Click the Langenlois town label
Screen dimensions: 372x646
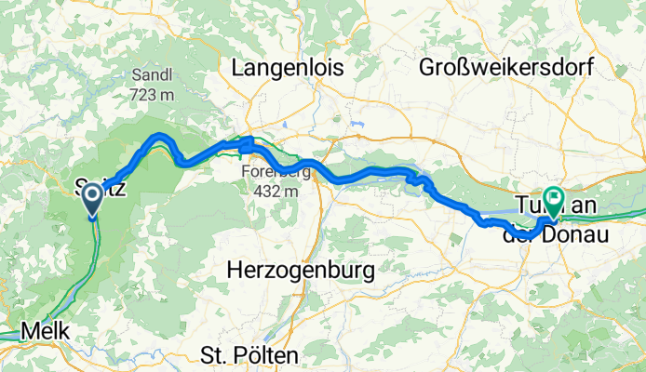pyautogui.click(x=287, y=68)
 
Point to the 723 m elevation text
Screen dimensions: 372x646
pyautogui.click(x=147, y=97)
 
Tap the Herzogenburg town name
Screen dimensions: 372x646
pyautogui.click(x=301, y=271)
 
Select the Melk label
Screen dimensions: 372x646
pyautogui.click(x=43, y=330)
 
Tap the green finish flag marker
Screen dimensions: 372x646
pyautogui.click(x=554, y=199)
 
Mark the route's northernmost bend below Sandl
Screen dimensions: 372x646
pyautogui.click(x=160, y=137)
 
